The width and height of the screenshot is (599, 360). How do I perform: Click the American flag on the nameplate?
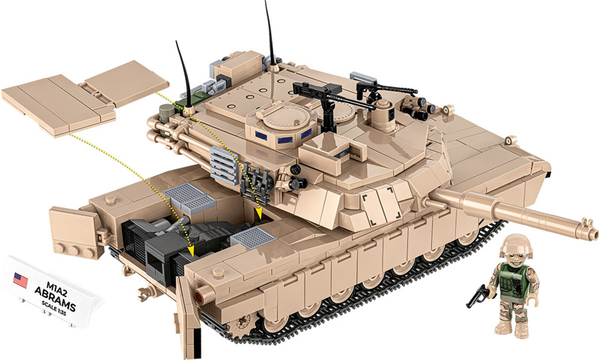(20, 281)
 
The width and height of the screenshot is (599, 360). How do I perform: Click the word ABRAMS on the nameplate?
(61, 293)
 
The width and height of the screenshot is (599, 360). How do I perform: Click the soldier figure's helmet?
(516, 245)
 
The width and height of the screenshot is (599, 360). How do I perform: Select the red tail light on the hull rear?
(200, 297)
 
